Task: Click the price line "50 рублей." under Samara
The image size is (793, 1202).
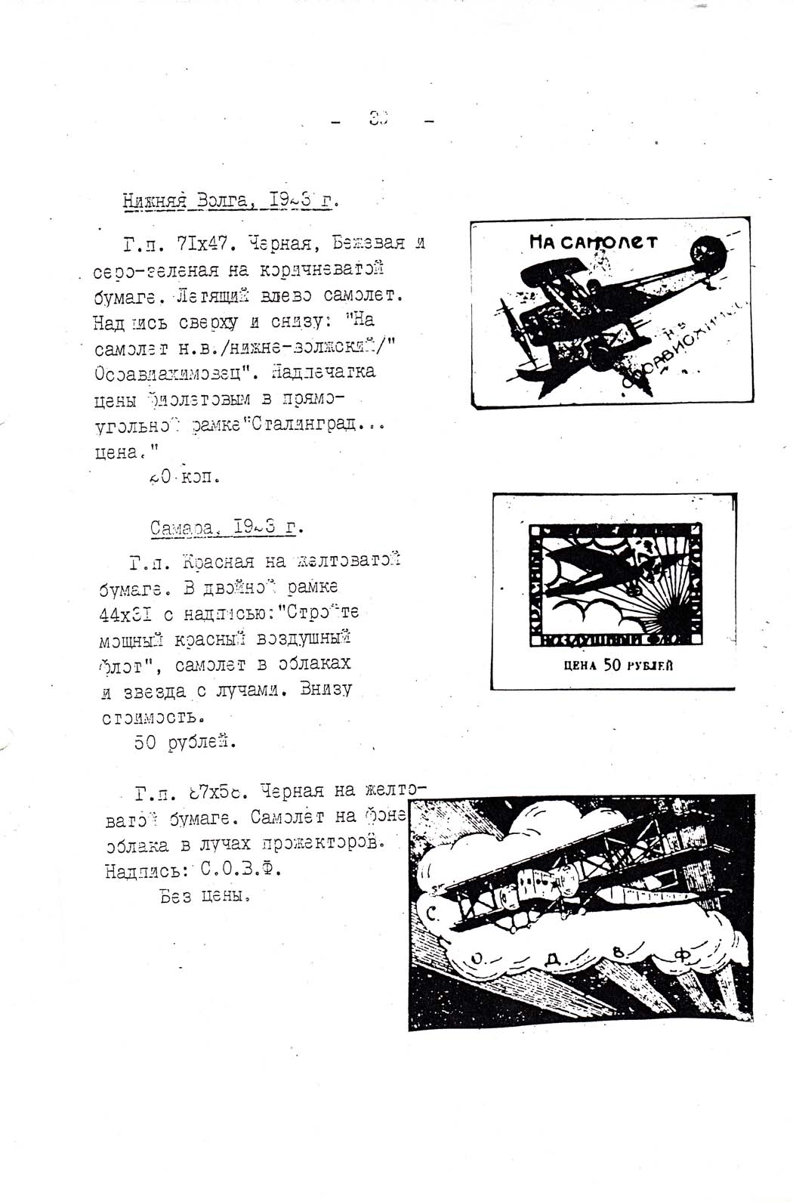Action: pos(185,742)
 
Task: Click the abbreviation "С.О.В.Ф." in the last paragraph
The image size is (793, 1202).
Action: pos(240,870)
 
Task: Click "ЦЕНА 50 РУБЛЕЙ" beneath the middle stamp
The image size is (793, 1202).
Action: pos(619,666)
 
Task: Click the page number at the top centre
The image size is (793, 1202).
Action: pos(378,118)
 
